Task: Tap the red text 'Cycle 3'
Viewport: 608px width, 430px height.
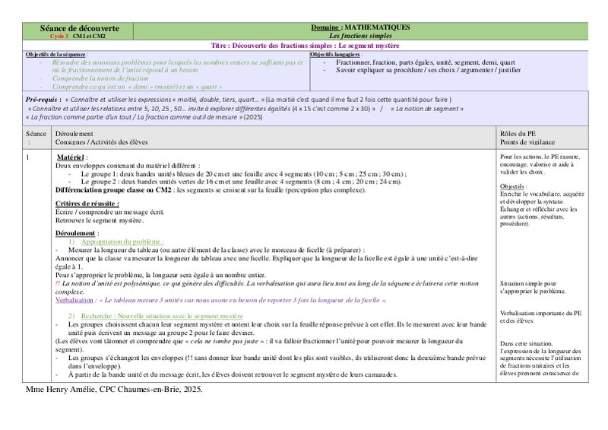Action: (59, 36)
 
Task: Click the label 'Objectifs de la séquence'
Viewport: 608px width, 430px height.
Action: (56, 55)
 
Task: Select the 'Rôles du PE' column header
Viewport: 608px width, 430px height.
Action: (518, 133)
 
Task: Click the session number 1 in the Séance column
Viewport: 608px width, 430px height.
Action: (28, 157)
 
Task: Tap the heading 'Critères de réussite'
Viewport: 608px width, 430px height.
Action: (89, 205)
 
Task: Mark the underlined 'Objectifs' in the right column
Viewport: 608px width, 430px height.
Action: (513, 186)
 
